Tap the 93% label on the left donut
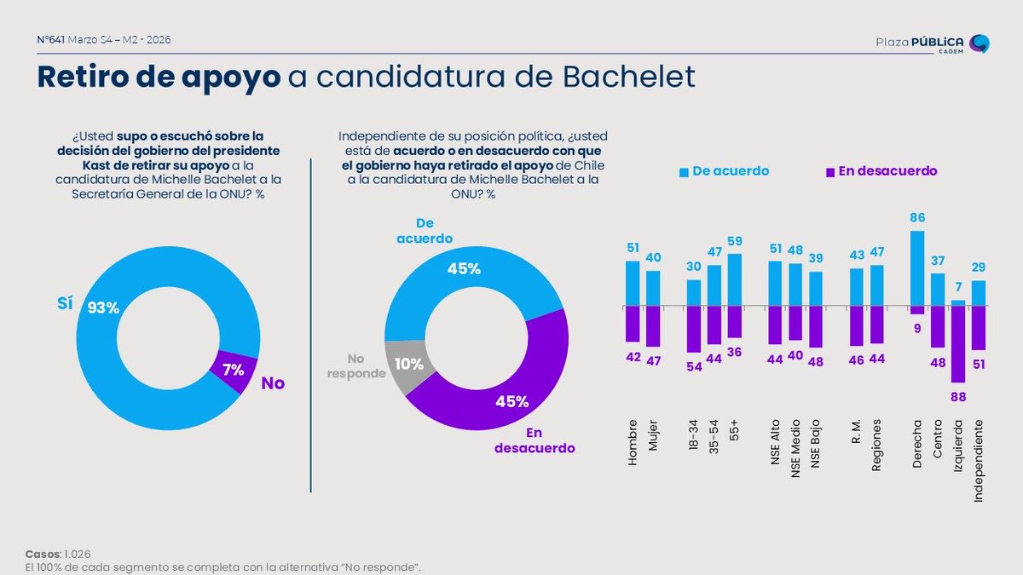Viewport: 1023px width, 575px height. tap(103, 308)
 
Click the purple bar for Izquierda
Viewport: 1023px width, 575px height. tap(958, 343)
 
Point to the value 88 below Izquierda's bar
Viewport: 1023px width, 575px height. tap(958, 396)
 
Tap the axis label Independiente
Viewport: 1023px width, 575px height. tap(979, 459)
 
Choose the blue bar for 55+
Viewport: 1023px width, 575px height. tap(735, 279)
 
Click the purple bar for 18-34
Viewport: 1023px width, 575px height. tap(694, 329)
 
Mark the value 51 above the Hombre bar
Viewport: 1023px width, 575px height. tap(632, 248)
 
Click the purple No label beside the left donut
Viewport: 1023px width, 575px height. tap(273, 383)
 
